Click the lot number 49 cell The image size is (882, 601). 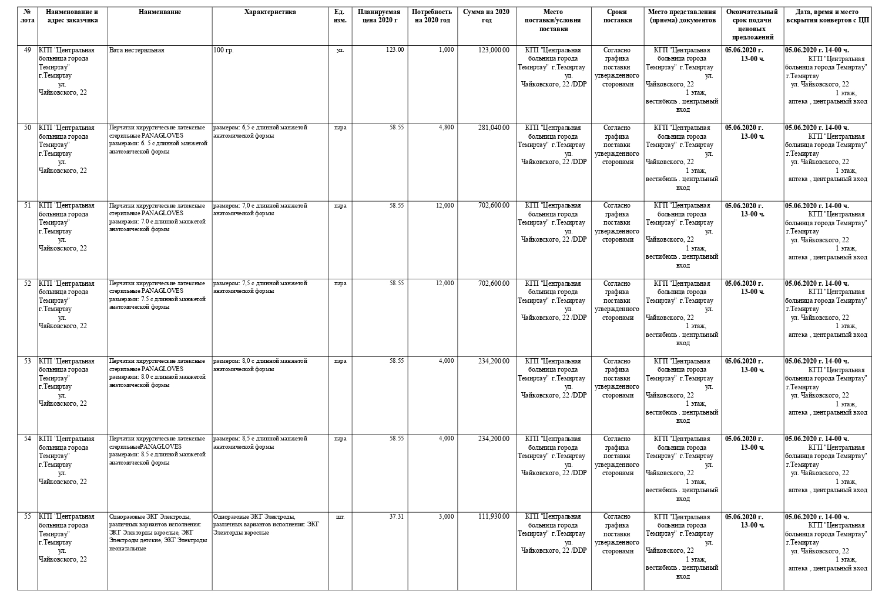pos(28,50)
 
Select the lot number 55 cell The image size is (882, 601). pos(28,517)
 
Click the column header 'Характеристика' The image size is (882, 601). pos(270,12)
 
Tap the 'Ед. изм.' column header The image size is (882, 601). pos(339,16)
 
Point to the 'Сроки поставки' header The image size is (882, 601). pos(618,16)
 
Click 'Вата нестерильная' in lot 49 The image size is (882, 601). pos(137,51)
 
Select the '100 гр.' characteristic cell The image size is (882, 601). pos(223,51)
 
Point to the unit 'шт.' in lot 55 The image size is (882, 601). pos(340,517)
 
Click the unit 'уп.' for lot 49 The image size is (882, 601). pos(340,50)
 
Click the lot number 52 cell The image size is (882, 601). pos(28,283)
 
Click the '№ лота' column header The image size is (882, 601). pos(28,16)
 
